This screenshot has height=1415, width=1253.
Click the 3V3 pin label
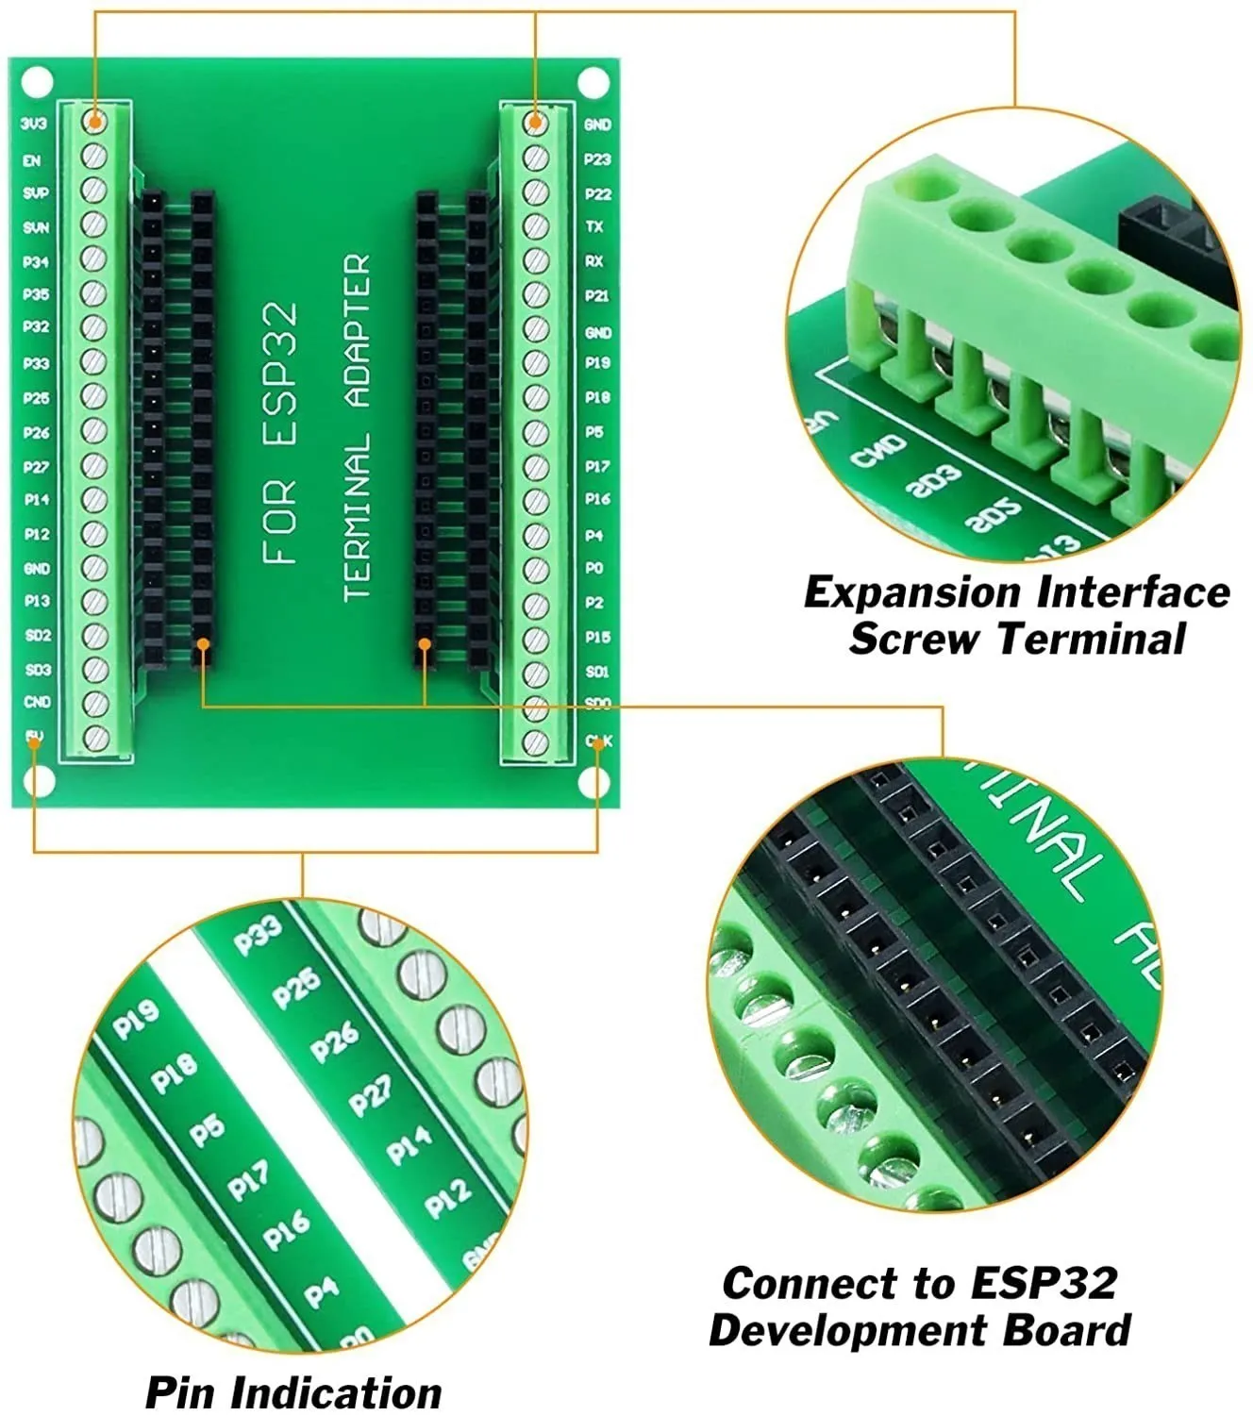(x=34, y=124)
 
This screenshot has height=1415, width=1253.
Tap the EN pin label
(x=32, y=160)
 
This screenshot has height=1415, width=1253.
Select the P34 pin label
(x=36, y=261)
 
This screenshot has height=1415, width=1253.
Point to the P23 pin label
(x=597, y=159)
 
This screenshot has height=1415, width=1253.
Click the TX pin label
(x=594, y=226)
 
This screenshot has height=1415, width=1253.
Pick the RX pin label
(x=594, y=261)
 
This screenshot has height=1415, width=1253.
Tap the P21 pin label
(x=597, y=295)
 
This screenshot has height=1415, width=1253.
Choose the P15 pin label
(x=597, y=637)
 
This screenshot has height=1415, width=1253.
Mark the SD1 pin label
(x=597, y=672)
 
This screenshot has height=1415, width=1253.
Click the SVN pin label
(x=36, y=227)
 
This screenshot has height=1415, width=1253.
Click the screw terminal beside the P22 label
(x=536, y=192)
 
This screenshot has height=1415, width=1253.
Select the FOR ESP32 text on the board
(x=281, y=433)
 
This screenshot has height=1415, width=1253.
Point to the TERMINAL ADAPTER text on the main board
(x=358, y=427)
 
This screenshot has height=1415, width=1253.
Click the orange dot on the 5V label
(x=35, y=741)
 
